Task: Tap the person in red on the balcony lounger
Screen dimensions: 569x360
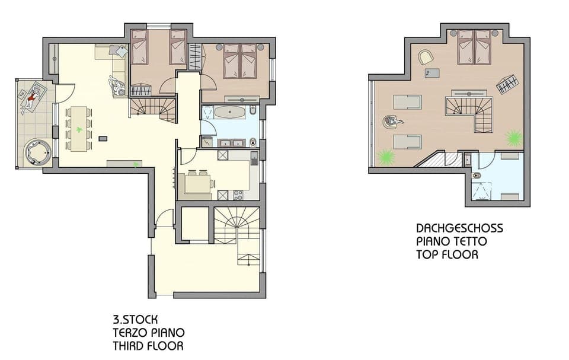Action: pyautogui.click(x=32, y=97)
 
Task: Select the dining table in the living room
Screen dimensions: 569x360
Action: pyautogui.click(x=79, y=129)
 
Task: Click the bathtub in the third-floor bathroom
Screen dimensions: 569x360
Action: pyautogui.click(x=230, y=112)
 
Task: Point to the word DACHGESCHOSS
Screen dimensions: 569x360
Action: pyautogui.click(x=459, y=228)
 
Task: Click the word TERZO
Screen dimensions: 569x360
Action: pyautogui.click(x=130, y=333)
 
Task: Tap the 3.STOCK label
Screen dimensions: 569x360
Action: pyautogui.click(x=135, y=320)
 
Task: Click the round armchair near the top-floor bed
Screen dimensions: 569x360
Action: pyautogui.click(x=426, y=57)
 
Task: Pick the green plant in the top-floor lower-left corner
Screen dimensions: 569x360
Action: pyautogui.click(x=386, y=157)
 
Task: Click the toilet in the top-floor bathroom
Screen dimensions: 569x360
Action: pyautogui.click(x=477, y=176)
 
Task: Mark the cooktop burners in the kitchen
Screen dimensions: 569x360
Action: pyautogui.click(x=238, y=195)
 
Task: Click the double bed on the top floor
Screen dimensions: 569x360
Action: pyautogui.click(x=475, y=47)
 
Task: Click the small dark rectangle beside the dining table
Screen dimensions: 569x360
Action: pyautogui.click(x=103, y=138)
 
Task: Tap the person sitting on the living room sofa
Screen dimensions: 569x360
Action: pyautogui.click(x=116, y=86)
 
